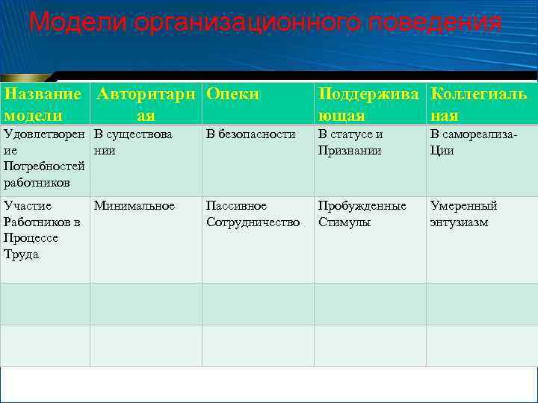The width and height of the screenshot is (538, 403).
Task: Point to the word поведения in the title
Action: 434,22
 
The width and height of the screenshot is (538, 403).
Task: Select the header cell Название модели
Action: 43,104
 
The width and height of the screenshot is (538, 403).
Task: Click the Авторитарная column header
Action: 146,104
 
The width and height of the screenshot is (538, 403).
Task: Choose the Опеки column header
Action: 232,94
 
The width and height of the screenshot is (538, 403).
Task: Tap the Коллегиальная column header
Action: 479,104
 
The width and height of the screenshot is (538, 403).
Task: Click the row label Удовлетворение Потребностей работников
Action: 44,158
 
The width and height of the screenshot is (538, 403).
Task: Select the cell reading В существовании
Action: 133,142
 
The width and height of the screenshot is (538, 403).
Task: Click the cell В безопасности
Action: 251,134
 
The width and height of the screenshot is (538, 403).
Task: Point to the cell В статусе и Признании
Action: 350,142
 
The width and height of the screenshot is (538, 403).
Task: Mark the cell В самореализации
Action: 473,142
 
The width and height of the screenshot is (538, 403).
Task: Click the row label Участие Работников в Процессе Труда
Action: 42,230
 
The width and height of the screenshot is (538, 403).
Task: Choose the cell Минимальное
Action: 134,206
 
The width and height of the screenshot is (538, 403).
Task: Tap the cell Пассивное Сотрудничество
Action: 253,214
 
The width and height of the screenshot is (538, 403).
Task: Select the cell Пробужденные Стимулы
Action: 362,214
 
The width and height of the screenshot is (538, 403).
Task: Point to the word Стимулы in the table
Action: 344,222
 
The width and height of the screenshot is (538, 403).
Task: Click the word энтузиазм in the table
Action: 459,222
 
